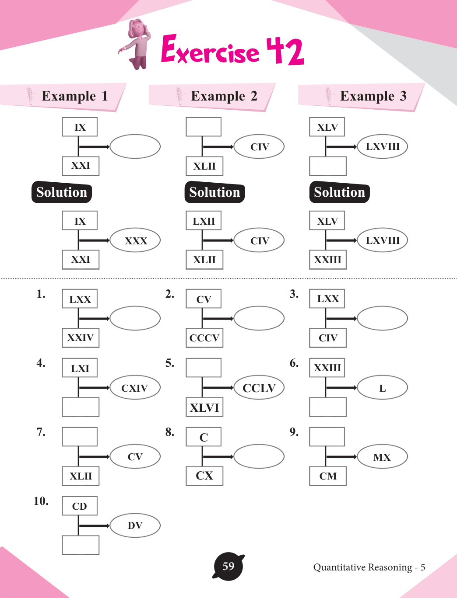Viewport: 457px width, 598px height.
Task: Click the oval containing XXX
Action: [135, 240]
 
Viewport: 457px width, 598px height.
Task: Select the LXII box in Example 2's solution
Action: [204, 221]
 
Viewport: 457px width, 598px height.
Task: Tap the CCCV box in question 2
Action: [204, 338]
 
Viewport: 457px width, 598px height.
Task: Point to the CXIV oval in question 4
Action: [135, 388]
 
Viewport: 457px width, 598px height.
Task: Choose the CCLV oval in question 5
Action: [259, 388]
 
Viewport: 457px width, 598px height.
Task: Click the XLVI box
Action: [204, 407]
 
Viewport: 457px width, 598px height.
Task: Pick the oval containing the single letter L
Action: [383, 388]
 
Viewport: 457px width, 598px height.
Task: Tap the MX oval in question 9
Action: [383, 457]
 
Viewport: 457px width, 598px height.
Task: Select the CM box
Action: [328, 476]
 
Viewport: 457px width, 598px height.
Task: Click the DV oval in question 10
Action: [135, 525]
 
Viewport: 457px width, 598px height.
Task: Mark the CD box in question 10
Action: [80, 506]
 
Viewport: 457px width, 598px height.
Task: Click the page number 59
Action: [228, 567]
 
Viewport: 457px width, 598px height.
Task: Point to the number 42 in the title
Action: [285, 51]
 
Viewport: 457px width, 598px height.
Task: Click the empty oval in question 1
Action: [135, 318]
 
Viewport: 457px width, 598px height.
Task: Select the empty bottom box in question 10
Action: [81, 545]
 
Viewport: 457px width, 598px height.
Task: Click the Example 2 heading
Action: [224, 96]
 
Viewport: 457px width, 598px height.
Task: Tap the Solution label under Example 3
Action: [339, 192]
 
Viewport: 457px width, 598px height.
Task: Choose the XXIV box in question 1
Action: [81, 338]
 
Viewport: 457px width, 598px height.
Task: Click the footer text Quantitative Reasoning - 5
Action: [369, 567]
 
